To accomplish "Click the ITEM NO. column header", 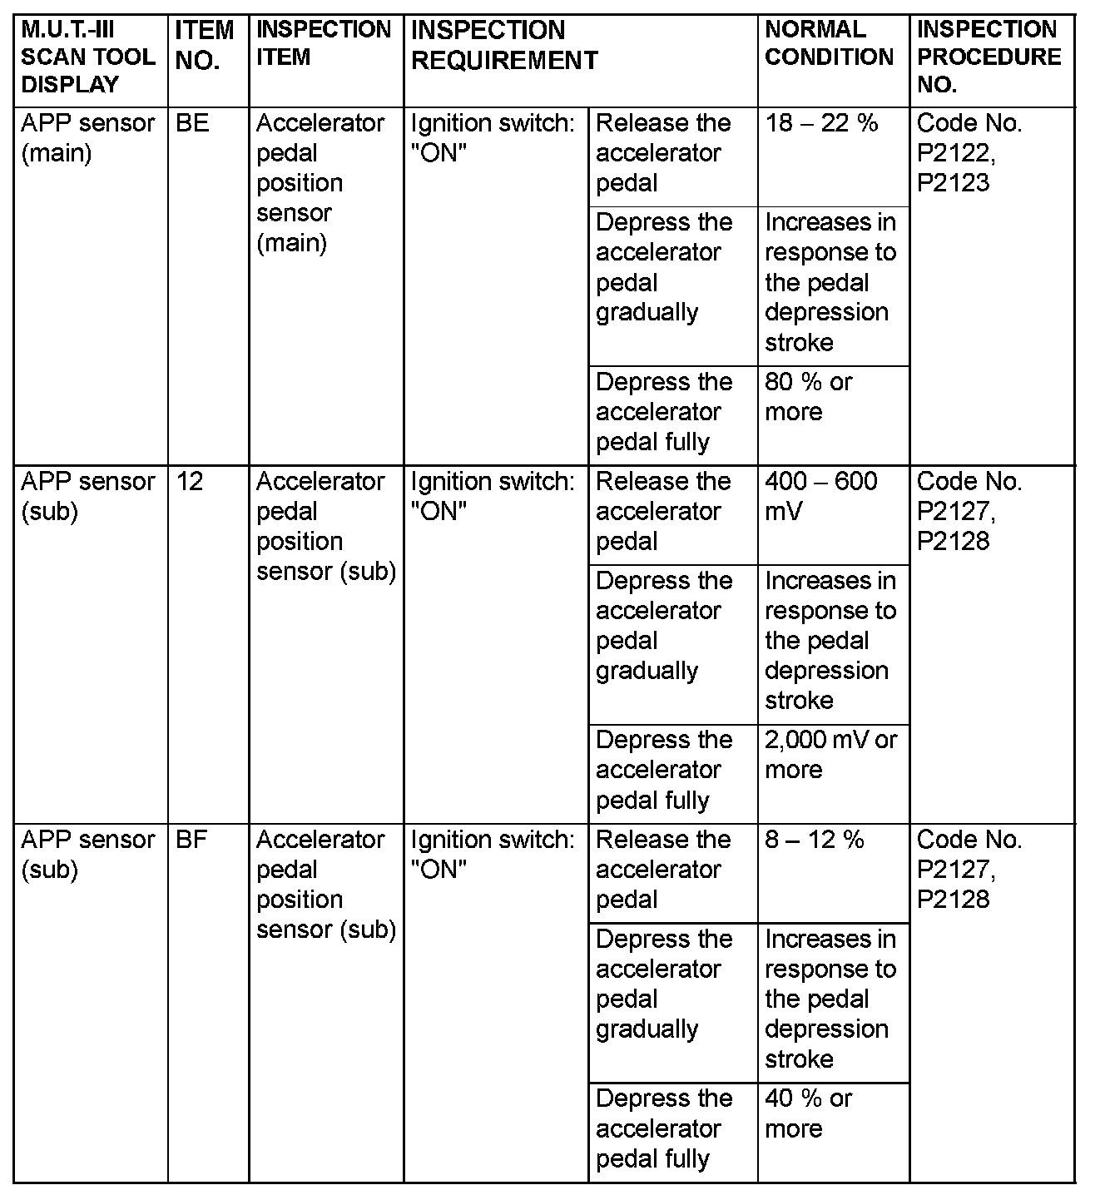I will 205,46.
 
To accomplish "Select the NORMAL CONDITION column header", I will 829,43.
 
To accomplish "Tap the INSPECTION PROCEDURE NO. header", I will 989,57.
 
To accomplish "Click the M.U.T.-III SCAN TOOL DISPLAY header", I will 88,57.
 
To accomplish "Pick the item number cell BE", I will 193,123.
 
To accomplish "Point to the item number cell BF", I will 192,840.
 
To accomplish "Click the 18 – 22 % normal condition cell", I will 821,123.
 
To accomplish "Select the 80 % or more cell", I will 809,397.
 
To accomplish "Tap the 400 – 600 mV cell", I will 821,496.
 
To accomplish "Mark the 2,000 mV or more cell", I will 830,755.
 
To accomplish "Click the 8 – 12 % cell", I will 815,840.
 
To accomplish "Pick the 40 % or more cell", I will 809,1113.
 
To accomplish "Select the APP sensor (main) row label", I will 88,138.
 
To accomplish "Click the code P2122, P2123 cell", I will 969,153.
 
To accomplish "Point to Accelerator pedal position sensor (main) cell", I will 320,183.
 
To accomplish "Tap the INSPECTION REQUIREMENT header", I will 504,45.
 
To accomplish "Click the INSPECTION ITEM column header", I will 324,43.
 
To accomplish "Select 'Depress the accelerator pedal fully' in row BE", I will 664,412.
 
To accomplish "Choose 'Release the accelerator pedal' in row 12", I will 663,511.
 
